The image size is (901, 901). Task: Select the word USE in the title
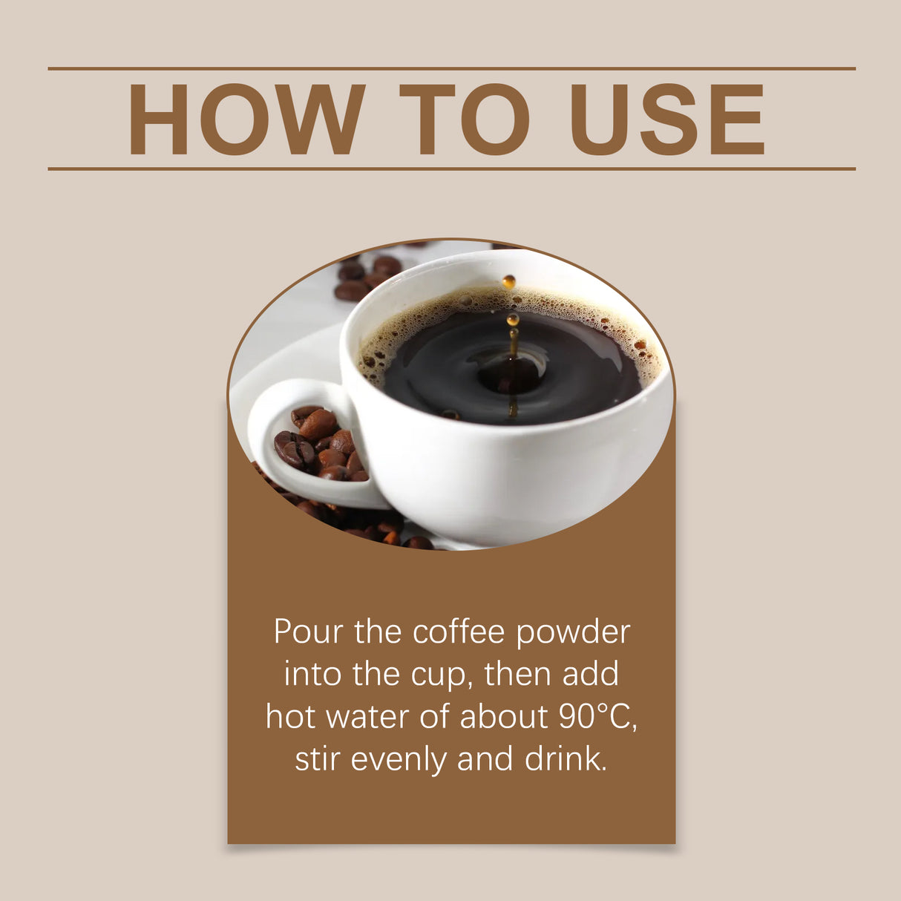666,119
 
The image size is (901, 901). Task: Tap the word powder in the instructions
572,633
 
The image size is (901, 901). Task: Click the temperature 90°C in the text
597,717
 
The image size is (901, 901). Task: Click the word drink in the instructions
566,759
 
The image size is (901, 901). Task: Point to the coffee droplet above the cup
508,281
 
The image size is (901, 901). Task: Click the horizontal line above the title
451,68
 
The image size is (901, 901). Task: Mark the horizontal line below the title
451,169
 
